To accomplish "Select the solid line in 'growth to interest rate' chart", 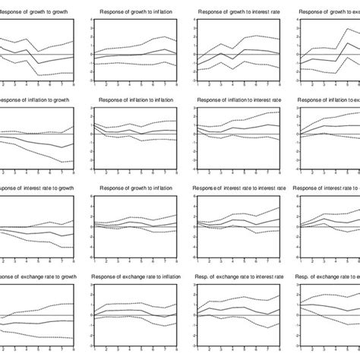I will pos(228,55).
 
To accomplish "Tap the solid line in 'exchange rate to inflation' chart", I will pos(137,313).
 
